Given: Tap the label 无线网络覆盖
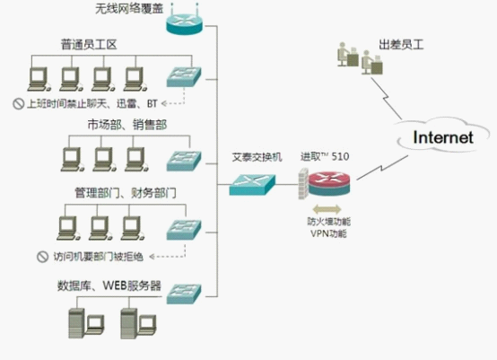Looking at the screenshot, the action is click(129, 8).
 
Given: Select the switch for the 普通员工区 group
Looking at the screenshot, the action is click(184, 76).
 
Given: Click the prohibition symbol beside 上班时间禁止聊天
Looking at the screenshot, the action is click(18, 104).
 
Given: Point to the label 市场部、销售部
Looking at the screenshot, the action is click(127, 125).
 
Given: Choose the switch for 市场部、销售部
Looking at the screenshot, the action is click(184, 161).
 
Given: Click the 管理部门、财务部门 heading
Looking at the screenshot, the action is click(126, 193).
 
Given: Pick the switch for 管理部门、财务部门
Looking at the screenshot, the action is click(184, 230).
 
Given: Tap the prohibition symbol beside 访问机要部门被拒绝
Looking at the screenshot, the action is click(43, 257).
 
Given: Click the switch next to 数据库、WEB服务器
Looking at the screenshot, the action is click(184, 294).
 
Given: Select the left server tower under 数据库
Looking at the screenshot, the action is click(76, 323).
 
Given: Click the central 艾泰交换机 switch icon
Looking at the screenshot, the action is click(252, 184).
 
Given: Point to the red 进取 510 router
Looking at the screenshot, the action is click(329, 183).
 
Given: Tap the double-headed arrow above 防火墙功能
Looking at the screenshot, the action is click(327, 209).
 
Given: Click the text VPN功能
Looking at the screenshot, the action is click(328, 233).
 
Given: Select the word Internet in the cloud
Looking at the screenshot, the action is click(443, 137).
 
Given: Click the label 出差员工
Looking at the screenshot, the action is click(401, 44).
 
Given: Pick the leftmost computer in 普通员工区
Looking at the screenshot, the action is click(39, 79).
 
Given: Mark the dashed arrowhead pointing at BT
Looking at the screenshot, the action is click(164, 103).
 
